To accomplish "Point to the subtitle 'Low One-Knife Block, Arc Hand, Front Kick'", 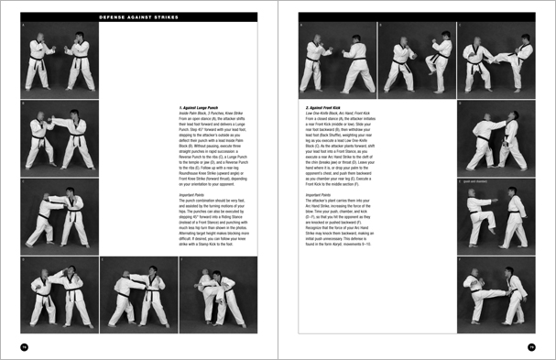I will (343, 114).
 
